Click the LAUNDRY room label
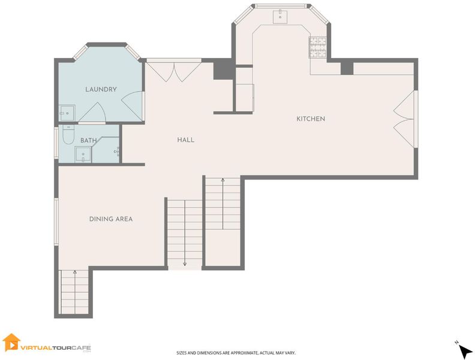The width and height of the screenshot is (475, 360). point(101,89)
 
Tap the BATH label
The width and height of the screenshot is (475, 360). point(88,140)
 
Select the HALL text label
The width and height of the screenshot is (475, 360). point(186,140)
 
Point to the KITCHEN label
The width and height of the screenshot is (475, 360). point(311,119)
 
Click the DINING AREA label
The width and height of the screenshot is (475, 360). point(111,219)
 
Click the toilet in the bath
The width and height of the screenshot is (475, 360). point(68,135)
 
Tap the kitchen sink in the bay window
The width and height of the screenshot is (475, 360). point(280,17)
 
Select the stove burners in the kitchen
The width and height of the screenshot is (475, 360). point(318,47)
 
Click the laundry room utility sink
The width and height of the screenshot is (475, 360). point(67,113)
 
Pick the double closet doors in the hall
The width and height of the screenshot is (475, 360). point(174,71)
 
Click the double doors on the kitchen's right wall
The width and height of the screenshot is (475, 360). point(405,119)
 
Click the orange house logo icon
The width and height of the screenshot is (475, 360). point(11,343)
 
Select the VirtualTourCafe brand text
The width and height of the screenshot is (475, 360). point(56,348)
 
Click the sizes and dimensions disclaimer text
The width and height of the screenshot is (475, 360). point(236,353)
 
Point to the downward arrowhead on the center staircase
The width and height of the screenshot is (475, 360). point(185,264)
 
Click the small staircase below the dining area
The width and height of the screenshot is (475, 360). point(75,292)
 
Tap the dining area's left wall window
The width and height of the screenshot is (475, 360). point(56,221)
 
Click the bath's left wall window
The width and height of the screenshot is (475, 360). point(56,142)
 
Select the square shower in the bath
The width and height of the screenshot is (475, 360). point(83,155)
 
